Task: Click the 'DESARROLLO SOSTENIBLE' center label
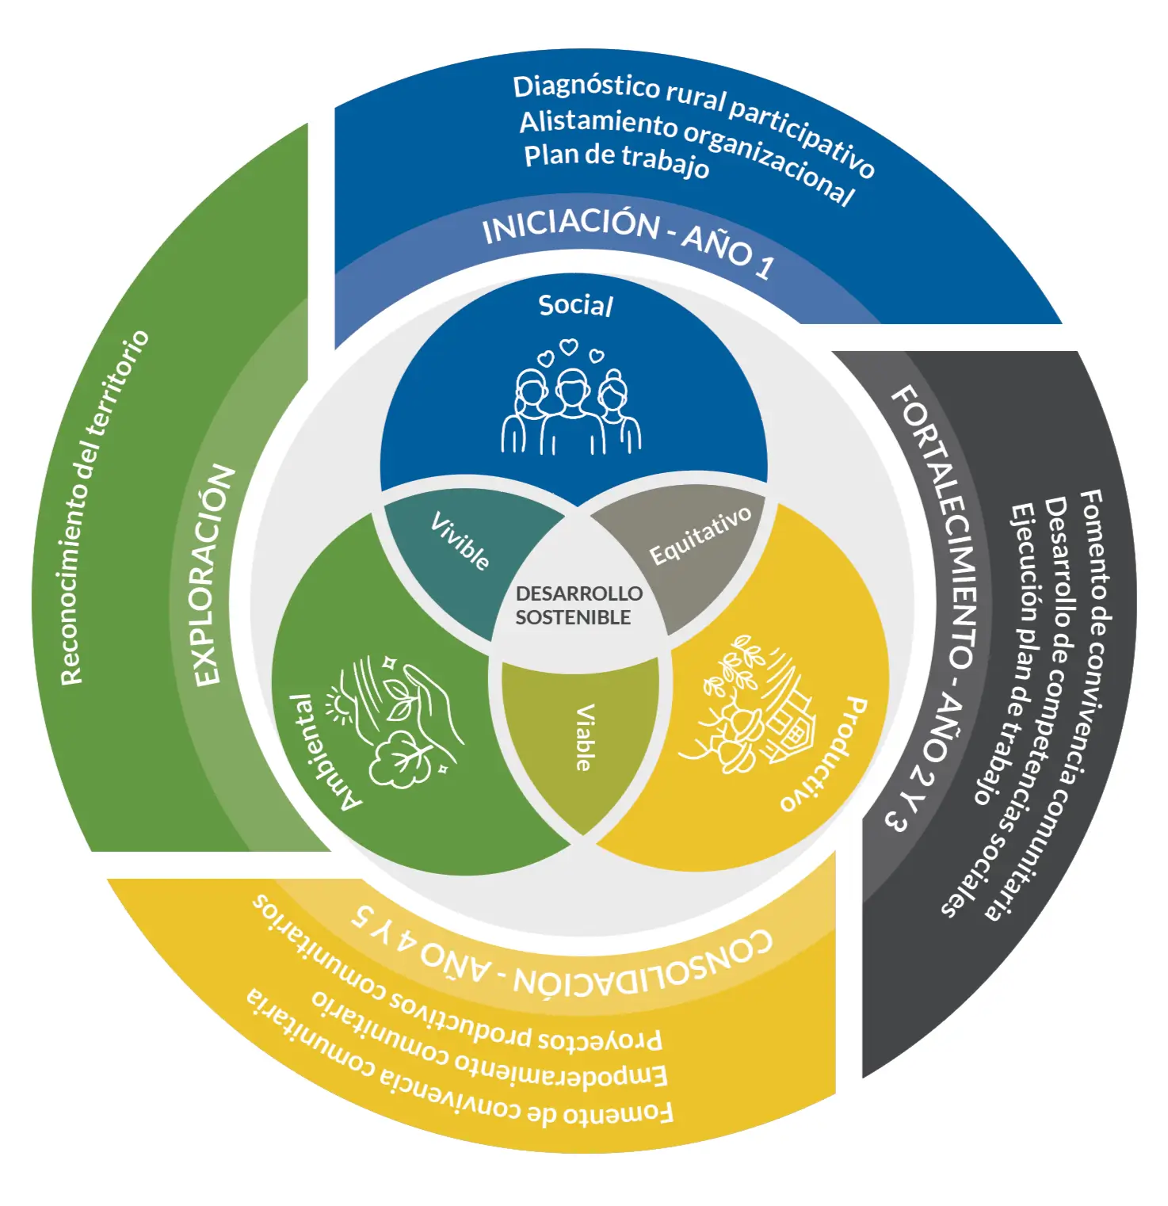[578, 605]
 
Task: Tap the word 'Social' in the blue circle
[575, 305]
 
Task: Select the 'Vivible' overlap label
[460, 540]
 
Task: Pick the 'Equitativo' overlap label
[700, 536]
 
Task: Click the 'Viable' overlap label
[584, 737]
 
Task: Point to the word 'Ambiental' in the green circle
[325, 753]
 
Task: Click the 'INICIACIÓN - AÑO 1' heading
[626, 238]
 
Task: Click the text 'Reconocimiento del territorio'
[103, 507]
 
